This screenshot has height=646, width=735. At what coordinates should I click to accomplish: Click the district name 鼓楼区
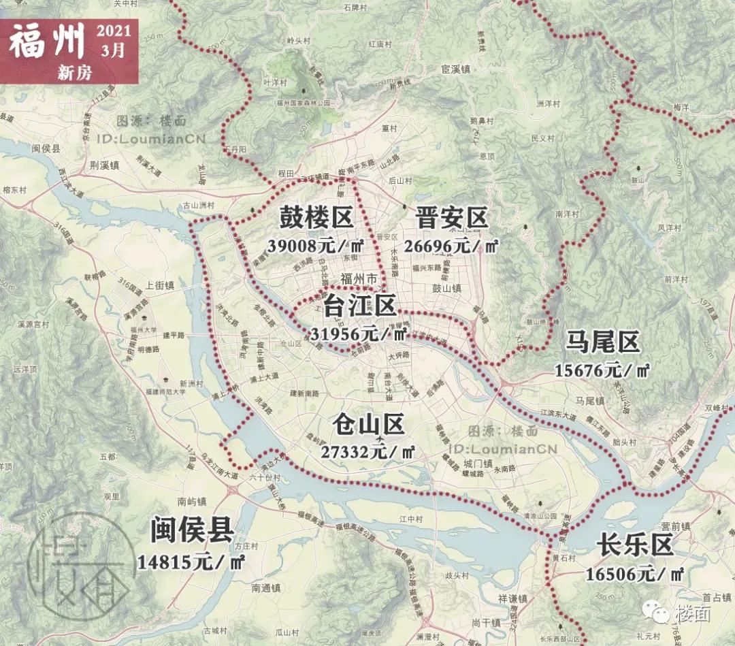click(x=316, y=219)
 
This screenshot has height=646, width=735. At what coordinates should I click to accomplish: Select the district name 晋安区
click(x=451, y=219)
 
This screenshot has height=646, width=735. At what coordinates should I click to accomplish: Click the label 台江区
click(x=359, y=306)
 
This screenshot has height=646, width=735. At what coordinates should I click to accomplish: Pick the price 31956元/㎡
click(x=358, y=334)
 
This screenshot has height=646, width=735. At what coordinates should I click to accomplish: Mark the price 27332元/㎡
click(x=368, y=451)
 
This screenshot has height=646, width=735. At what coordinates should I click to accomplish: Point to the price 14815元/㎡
click(x=191, y=562)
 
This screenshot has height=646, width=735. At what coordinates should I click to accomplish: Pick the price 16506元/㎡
click(x=635, y=574)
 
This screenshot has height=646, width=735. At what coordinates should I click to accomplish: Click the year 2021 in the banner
click(x=114, y=32)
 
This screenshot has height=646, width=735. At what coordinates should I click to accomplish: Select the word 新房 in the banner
click(x=74, y=73)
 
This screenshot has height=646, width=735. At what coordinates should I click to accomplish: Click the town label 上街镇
click(x=159, y=287)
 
